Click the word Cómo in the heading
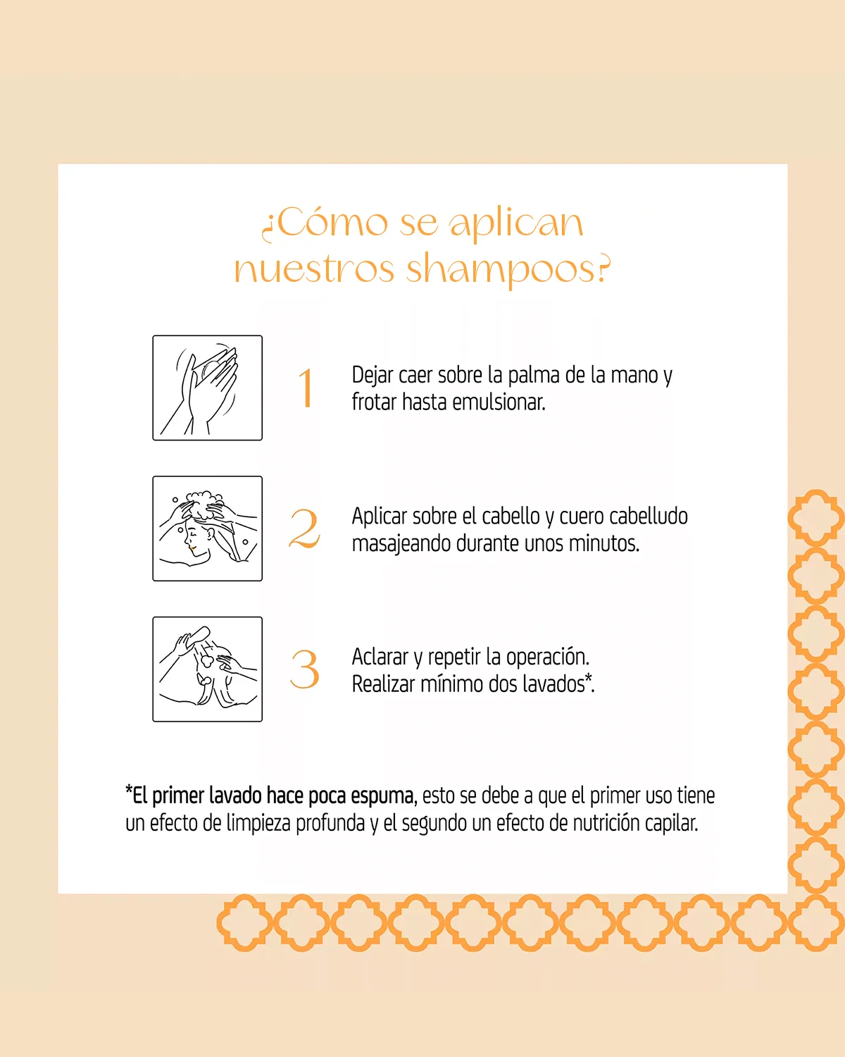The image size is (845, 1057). pos(332,223)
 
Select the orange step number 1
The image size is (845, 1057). pos(306,388)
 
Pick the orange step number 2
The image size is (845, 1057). pos(304,528)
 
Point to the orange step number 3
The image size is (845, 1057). pos(305,669)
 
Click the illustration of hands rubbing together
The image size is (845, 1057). pos(207,388)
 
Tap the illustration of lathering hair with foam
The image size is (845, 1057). pos(207,528)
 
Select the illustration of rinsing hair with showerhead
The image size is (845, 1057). pos(207,669)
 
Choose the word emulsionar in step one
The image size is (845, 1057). pos(499,402)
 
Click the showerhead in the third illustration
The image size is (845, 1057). pos(197,636)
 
